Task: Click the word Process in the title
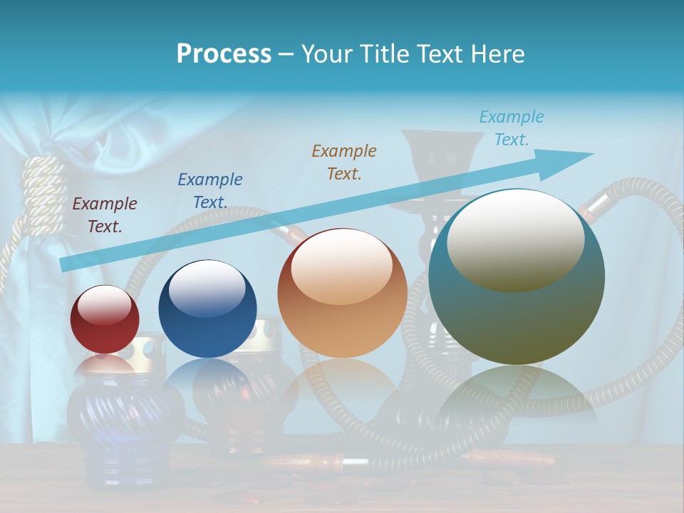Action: (x=224, y=53)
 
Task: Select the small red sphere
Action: (x=105, y=320)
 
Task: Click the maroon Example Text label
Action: (x=105, y=215)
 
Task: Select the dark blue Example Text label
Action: (x=210, y=191)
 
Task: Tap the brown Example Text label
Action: (x=344, y=162)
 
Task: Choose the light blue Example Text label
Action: (x=512, y=128)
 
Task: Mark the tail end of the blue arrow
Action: (x=66, y=264)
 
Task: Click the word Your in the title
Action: (x=325, y=53)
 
